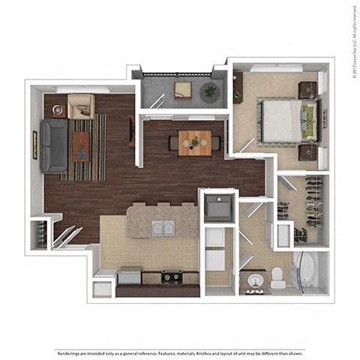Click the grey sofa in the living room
[54, 145]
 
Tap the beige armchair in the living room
[80, 106]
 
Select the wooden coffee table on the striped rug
[80, 145]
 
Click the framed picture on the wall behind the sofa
[34, 145]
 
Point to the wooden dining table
[194, 142]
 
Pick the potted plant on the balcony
[209, 92]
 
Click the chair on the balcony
[183, 90]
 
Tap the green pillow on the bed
[308, 120]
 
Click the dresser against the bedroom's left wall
[238, 88]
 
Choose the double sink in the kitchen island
[163, 228]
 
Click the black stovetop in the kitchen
[172, 277]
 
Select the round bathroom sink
[255, 281]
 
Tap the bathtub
[309, 271]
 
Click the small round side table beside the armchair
[59, 110]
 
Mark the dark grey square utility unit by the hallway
[218, 207]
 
